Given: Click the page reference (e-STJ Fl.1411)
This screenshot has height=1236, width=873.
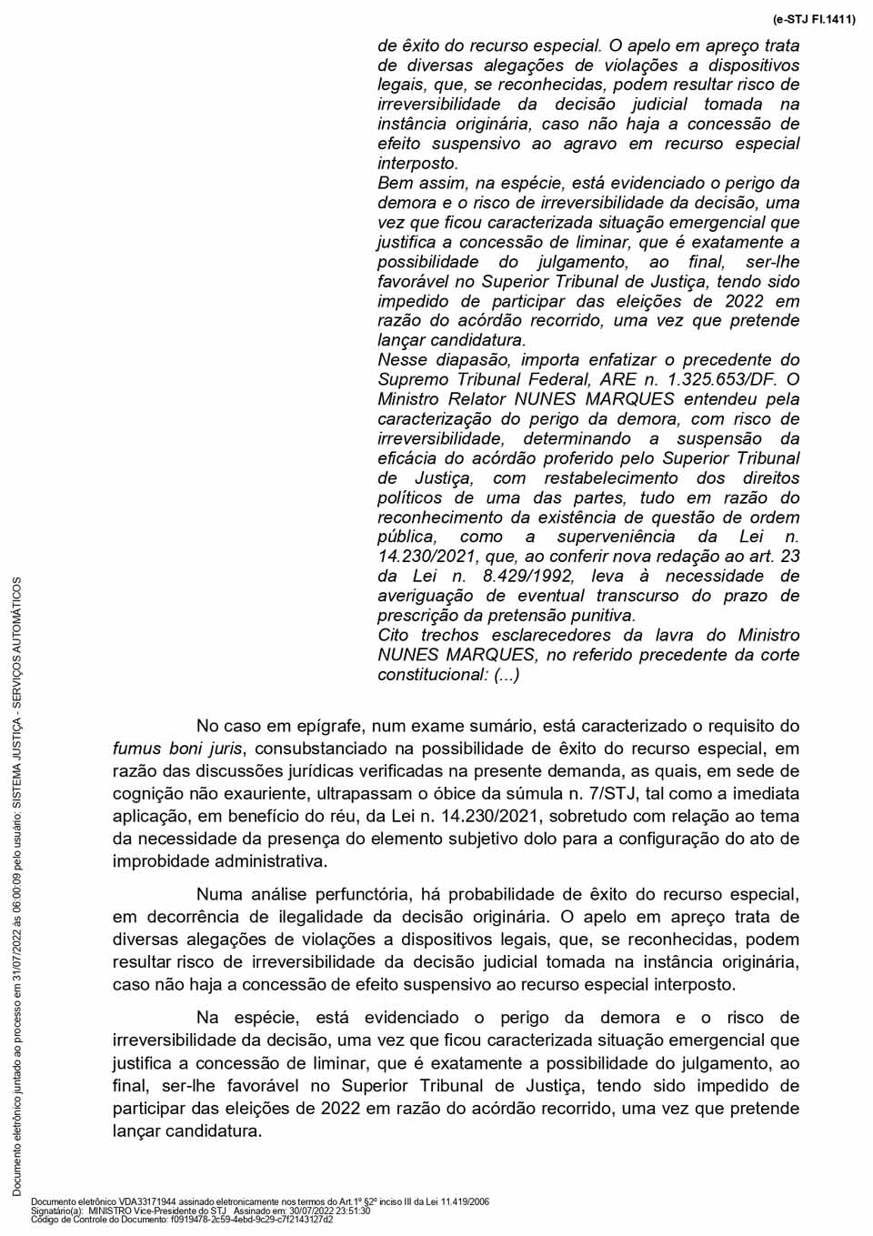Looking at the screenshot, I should coord(813,18).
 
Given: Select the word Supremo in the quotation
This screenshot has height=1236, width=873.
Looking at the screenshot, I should coord(414,379).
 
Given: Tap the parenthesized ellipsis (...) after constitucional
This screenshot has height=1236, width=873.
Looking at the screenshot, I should coord(507,675).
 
